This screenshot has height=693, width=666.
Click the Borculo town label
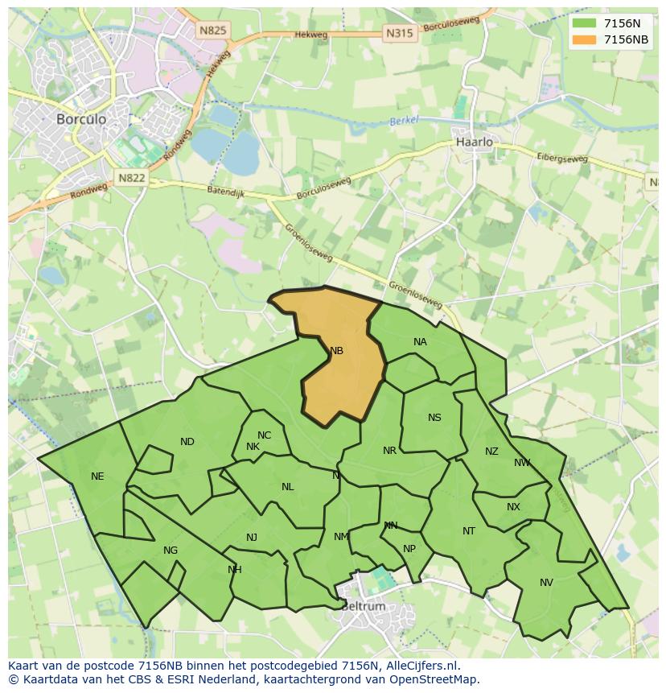[x=81, y=118]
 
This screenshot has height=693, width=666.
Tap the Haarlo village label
[x=474, y=142]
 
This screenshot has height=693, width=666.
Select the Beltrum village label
[x=363, y=606]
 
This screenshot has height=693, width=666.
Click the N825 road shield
[x=212, y=31]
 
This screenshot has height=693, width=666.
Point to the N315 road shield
[x=399, y=33]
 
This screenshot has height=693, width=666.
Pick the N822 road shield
[x=130, y=178]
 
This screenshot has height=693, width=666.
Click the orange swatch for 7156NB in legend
[x=585, y=39]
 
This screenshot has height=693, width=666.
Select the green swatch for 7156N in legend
[x=585, y=23]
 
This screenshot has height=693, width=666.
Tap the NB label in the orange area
[x=336, y=351]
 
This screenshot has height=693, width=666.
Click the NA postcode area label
[x=420, y=342]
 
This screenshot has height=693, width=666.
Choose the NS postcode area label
[x=434, y=418]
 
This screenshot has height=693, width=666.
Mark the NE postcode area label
[x=97, y=476]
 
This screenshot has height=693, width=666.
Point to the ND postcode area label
[x=187, y=442]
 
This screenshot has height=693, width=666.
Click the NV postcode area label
[x=546, y=583]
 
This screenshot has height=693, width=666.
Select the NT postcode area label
[x=469, y=531]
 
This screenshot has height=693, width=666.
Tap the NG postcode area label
[x=171, y=551]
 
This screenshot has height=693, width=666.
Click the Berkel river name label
[x=405, y=121]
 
